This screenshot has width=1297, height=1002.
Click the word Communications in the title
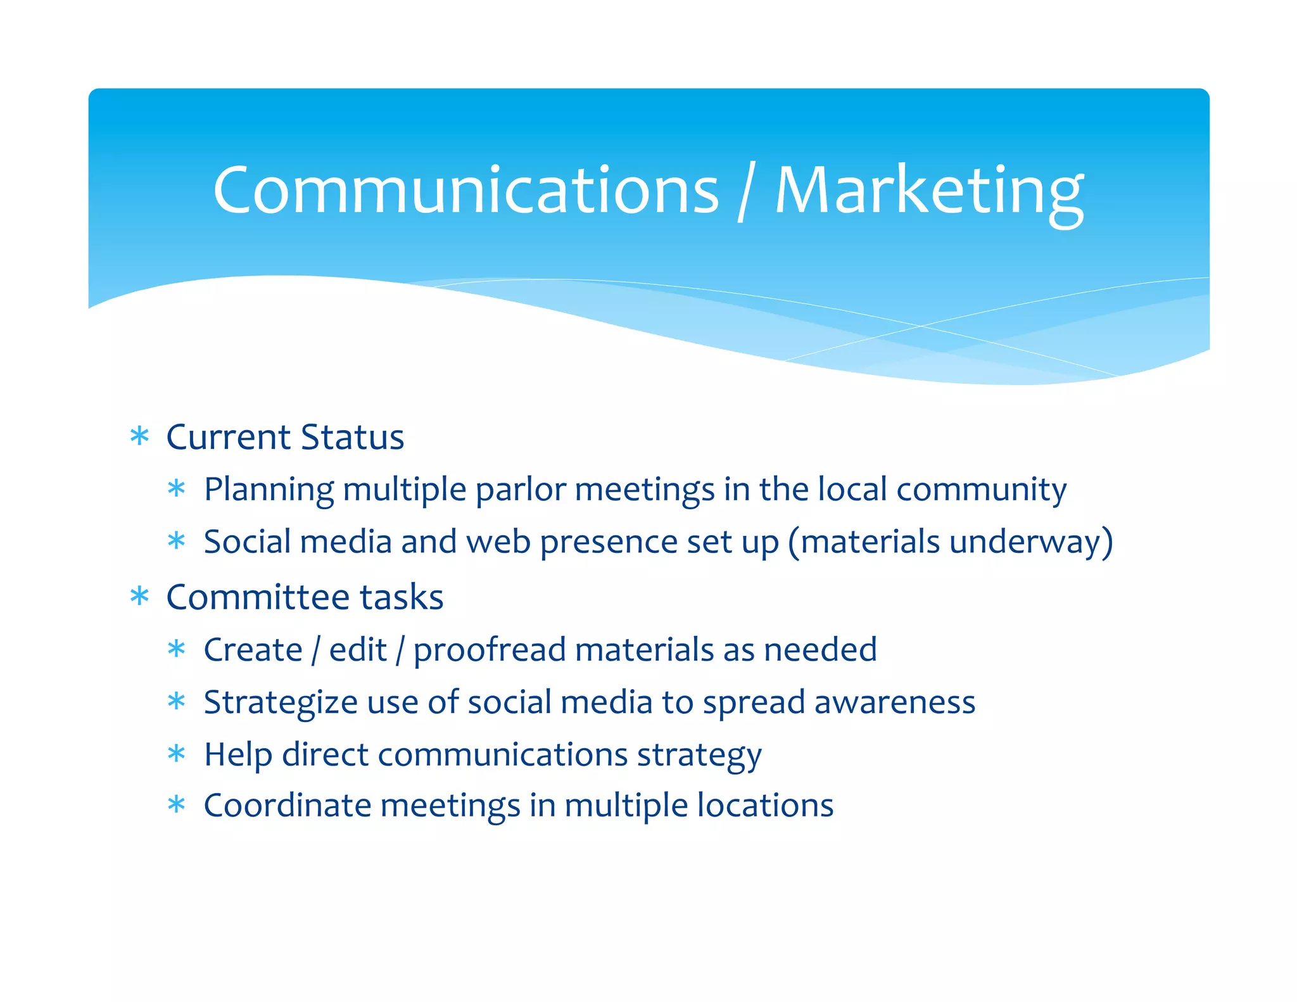tap(466, 190)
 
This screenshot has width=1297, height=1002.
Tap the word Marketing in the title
tap(929, 190)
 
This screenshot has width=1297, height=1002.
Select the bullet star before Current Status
tap(139, 436)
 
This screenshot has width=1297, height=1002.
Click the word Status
tap(352, 437)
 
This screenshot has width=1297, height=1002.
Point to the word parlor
tap(521, 490)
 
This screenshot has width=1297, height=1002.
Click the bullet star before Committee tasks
tap(139, 597)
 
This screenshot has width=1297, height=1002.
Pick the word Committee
tap(257, 597)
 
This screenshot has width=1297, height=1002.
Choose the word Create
tap(253, 650)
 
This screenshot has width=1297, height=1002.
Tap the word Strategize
tap(281, 703)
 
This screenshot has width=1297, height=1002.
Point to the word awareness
tap(894, 702)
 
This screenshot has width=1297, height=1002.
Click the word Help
tap(237, 755)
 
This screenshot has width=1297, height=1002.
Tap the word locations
tap(765, 806)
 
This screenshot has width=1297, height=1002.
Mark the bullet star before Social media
tap(177, 542)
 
